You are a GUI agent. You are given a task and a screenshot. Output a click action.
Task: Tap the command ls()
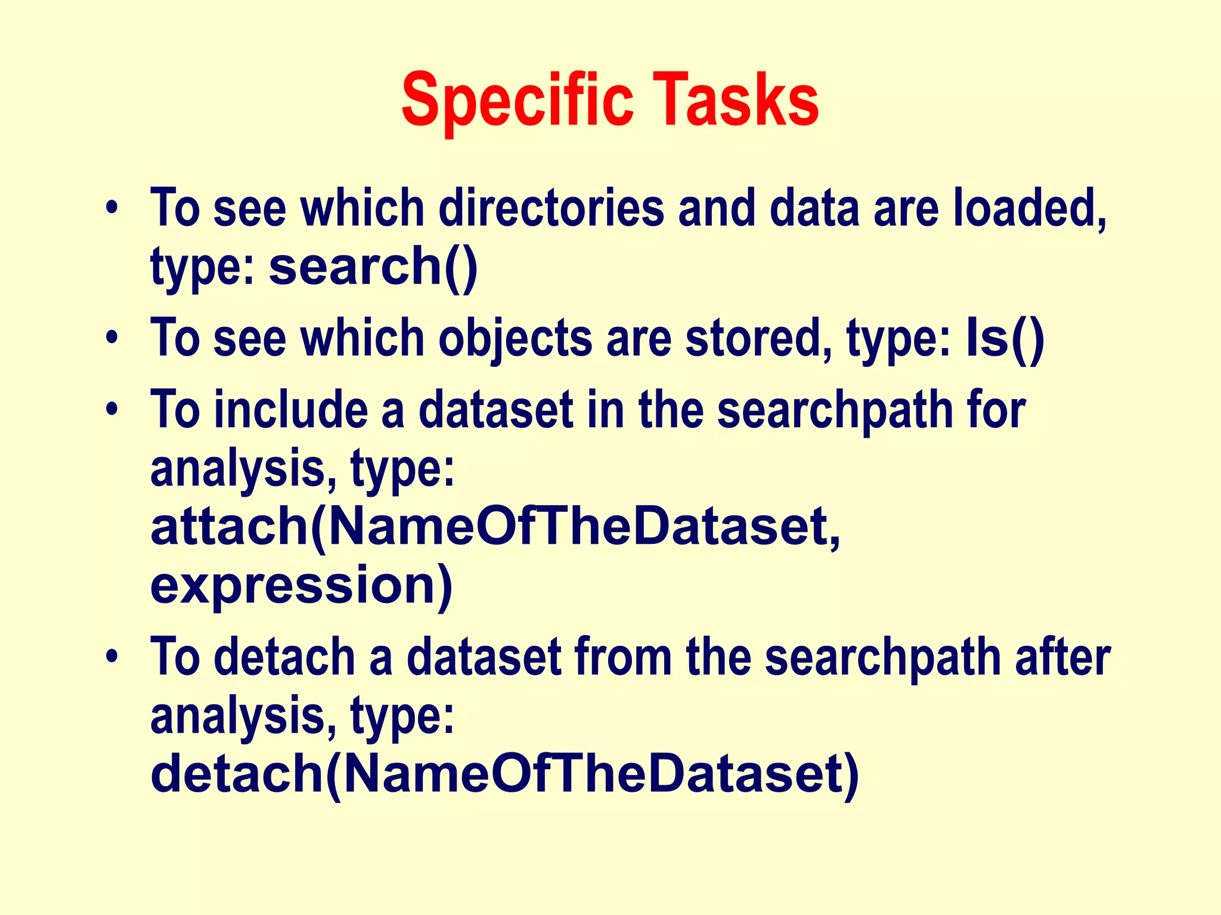click(x=1005, y=338)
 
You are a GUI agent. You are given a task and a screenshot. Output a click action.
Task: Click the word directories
click(x=551, y=208)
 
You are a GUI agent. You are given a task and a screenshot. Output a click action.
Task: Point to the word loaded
click(x=1029, y=208)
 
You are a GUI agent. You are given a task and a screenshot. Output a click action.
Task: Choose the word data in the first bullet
click(x=814, y=208)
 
